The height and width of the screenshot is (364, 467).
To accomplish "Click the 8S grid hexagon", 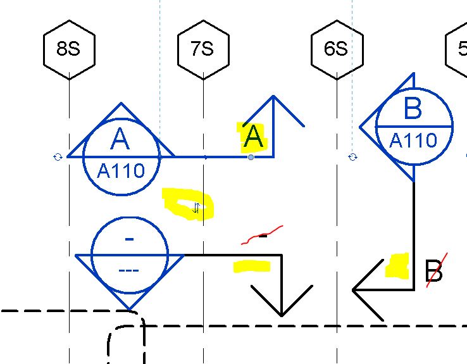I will point(69,49).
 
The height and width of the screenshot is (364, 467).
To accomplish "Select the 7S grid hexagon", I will point(202,49).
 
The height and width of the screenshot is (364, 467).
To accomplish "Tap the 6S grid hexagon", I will point(336,49).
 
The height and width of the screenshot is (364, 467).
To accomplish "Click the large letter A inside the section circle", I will point(120,139).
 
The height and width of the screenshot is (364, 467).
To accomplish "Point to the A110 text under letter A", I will point(121,170).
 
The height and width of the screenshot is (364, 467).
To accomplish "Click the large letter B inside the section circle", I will point(413,109).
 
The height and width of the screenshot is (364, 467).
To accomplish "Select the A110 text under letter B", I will point(413,141).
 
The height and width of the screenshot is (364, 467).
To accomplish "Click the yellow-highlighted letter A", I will point(253,137).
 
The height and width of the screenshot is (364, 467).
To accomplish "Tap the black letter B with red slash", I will point(433,272).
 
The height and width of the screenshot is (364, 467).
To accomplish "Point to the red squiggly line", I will point(262,235).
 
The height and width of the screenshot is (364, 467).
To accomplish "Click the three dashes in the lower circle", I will point(128,271).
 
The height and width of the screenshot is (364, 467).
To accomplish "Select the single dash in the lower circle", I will point(130,239).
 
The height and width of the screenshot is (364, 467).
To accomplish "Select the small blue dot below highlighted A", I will point(251,157).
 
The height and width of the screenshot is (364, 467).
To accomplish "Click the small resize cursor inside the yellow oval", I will point(196,207).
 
